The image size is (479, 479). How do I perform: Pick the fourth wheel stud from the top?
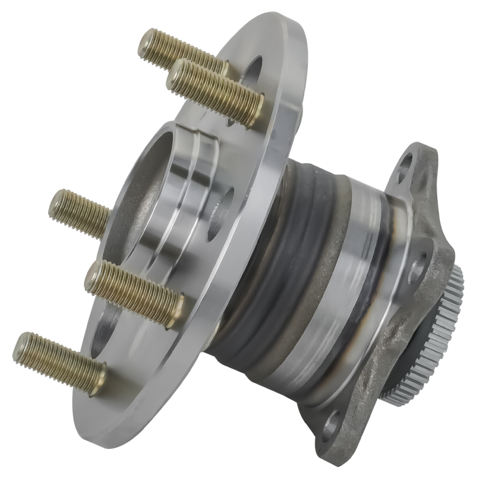[x=134, y=293]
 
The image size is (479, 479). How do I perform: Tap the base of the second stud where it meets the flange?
[x=257, y=105]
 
